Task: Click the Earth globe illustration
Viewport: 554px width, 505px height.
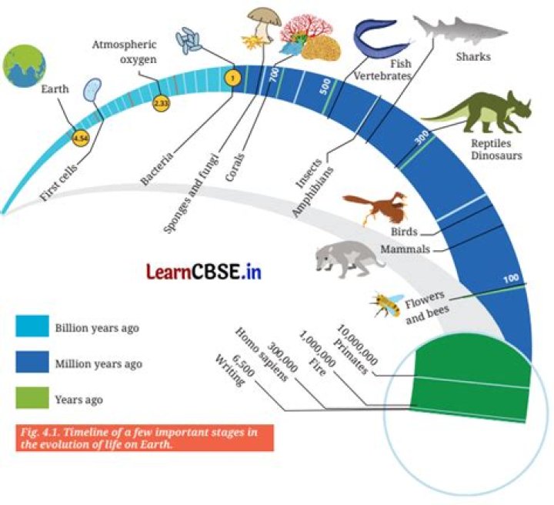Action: click(x=24, y=65)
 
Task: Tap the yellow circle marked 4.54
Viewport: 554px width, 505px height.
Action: click(x=81, y=138)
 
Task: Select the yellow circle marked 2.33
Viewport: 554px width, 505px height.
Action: click(x=162, y=104)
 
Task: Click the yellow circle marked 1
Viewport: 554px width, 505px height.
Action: click(x=232, y=78)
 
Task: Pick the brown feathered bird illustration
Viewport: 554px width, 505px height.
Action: click(x=375, y=208)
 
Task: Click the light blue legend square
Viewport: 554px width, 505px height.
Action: click(x=32, y=326)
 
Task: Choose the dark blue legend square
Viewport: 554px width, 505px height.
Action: click(x=32, y=362)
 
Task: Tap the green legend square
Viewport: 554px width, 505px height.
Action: click(x=32, y=397)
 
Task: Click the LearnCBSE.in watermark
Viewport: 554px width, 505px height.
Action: click(x=204, y=272)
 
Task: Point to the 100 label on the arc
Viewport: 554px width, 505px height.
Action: click(x=511, y=279)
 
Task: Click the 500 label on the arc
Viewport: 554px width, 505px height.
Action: click(x=325, y=86)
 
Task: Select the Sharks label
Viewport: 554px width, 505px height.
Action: click(x=473, y=56)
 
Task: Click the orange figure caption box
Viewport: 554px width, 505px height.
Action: click(x=145, y=438)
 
